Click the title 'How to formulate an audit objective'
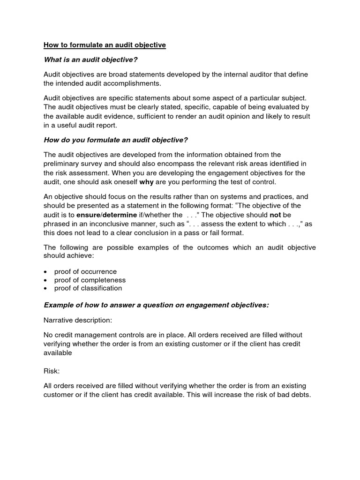105,45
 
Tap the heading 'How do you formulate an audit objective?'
116,140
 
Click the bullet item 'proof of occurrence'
85,271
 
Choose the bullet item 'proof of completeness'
90,280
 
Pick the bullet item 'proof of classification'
88,288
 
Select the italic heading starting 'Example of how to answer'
156,305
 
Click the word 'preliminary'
63,163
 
